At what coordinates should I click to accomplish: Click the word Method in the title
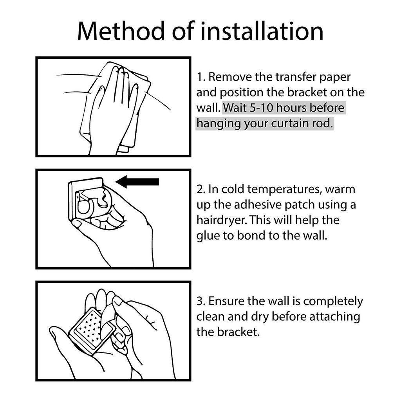tap(121, 31)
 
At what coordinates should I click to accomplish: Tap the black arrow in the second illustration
tap(137, 182)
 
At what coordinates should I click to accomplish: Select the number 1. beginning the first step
tap(201, 77)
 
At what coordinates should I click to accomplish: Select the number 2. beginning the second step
tap(201, 189)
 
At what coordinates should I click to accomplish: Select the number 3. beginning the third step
tap(201, 301)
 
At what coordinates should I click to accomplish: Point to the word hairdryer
tap(222, 220)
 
